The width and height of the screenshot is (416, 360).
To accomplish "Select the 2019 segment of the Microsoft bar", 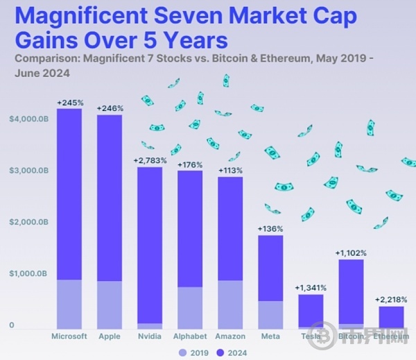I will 69,304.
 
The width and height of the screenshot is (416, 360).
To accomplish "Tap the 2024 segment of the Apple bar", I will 110,198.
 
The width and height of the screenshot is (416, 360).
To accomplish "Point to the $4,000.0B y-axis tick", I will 28,119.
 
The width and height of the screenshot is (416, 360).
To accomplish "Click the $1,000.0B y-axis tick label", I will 28,274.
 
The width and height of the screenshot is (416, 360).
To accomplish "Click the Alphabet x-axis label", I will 190,336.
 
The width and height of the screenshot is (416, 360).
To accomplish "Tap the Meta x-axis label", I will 270,336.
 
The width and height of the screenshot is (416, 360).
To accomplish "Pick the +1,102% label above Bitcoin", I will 351,253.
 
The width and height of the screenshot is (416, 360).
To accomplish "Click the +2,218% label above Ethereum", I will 391,300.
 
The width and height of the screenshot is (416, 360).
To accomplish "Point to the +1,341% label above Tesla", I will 311,288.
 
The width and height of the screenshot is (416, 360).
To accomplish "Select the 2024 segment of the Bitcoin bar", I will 351,291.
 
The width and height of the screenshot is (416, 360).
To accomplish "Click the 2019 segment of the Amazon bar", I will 230,305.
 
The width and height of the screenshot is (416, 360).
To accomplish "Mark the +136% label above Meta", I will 270,229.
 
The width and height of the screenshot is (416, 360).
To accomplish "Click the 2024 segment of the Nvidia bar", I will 150,243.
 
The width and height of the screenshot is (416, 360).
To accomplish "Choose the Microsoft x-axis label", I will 69,336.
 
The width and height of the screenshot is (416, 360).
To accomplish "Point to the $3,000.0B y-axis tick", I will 28,171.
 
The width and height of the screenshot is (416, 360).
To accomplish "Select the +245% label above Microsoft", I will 69,103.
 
